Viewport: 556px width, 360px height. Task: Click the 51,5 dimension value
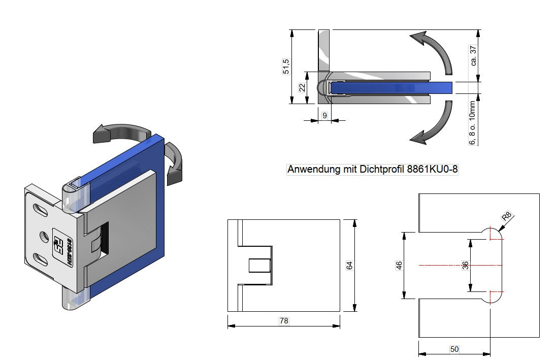[286, 67]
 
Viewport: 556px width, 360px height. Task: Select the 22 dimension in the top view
[302, 87]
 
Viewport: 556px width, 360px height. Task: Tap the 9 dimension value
[324, 116]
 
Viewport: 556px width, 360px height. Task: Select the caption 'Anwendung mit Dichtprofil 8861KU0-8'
[373, 170]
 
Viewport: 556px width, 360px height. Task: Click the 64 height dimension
[349, 265]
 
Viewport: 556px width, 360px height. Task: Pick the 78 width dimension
[284, 320]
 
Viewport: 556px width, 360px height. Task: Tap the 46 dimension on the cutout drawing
[399, 265]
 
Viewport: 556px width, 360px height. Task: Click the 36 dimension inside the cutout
[465, 265]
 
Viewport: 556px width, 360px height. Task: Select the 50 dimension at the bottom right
[454, 349]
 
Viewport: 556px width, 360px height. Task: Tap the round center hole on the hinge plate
[44, 236]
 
